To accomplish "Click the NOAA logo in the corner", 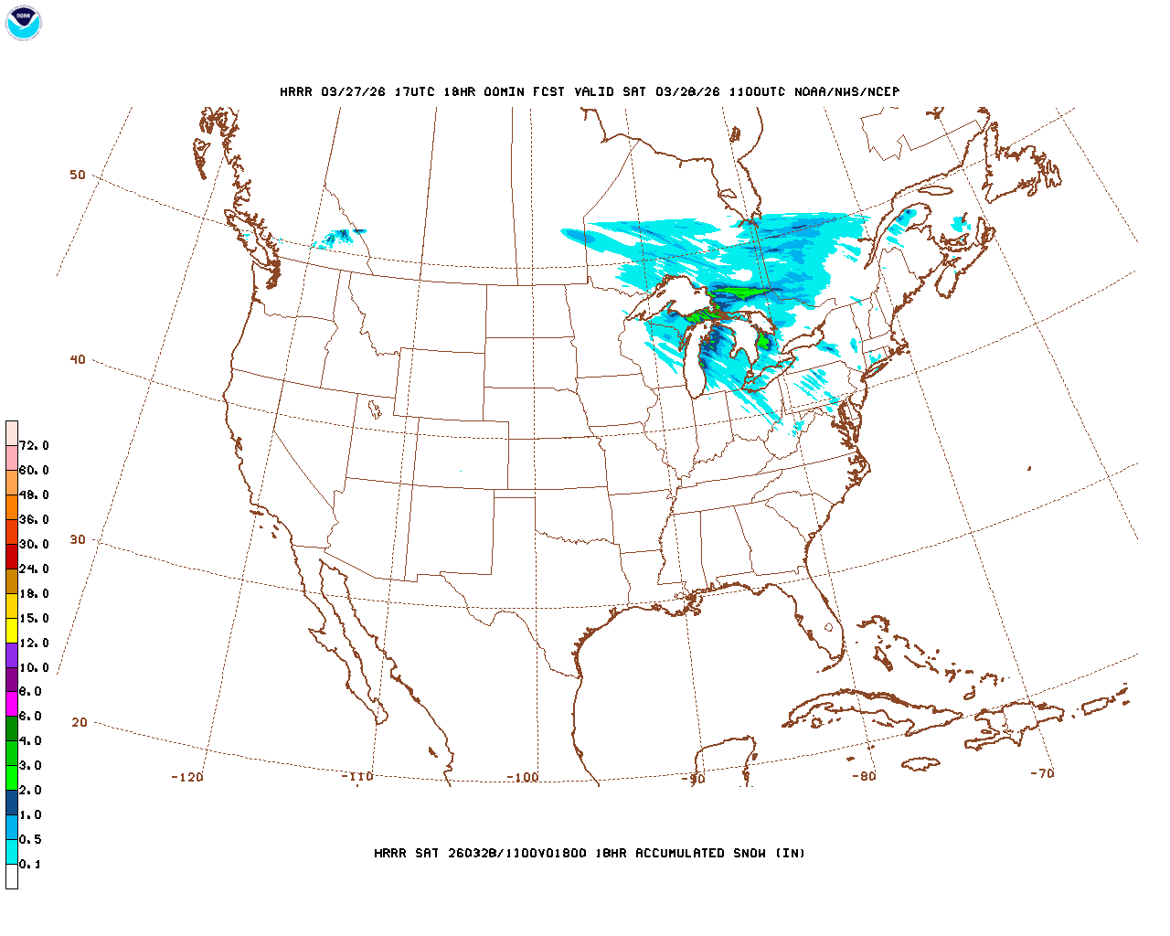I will coord(23,23).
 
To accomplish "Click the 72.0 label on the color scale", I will coord(34,445).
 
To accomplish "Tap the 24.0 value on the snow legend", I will coord(34,569).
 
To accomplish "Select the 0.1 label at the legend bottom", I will coord(30,864).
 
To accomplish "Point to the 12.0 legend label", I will coord(34,643).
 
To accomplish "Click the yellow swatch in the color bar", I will coord(12,630).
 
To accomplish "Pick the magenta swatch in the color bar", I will coord(12,704).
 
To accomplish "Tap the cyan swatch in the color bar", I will coord(12,852).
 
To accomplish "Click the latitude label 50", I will coord(78,175).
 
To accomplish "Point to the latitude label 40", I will coord(78,359).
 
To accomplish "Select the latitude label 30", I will coord(78,539).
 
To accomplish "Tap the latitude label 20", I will coord(80,722).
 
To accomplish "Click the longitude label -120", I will coord(187,777).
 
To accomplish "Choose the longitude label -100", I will coord(523,777).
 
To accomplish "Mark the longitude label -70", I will coord(1042,773).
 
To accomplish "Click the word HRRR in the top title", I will coord(296,91).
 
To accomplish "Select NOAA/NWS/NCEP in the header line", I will coord(846,91).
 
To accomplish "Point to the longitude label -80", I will coord(864,776).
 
